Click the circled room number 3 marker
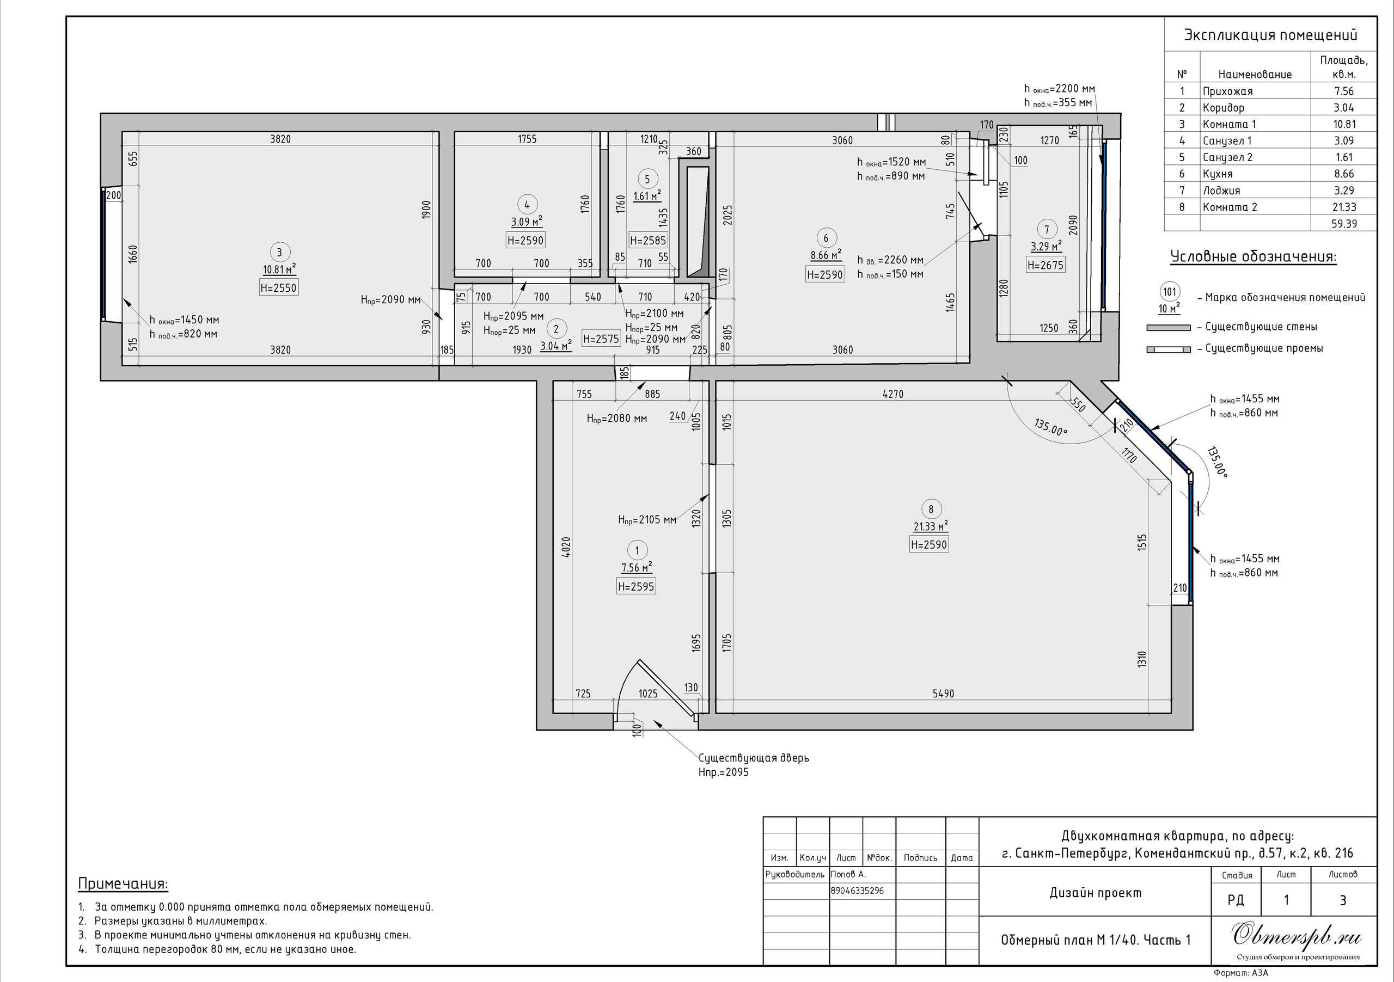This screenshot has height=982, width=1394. (x=279, y=253)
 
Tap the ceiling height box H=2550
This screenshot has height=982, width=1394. (x=279, y=287)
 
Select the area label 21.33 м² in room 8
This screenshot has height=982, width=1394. (x=931, y=526)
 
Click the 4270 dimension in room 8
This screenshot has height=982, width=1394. (x=892, y=394)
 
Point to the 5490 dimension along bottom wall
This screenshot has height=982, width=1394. (x=943, y=693)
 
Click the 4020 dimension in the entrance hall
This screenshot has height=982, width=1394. (x=566, y=548)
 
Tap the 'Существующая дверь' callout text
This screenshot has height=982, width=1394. (x=754, y=758)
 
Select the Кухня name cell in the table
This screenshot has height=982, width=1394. (x=1218, y=174)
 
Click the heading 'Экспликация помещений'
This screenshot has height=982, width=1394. (x=1271, y=35)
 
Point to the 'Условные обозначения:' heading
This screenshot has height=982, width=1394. (x=1254, y=257)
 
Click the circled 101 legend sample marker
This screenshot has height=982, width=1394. (x=1169, y=292)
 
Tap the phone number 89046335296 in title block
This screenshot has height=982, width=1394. (x=857, y=891)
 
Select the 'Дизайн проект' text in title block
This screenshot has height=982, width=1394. (x=1095, y=893)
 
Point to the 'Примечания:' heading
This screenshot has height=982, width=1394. (x=123, y=883)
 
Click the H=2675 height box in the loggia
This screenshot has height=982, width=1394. (x=1046, y=265)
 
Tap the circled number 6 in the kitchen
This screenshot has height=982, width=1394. (x=825, y=238)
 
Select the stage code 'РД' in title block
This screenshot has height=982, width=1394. (x=1236, y=900)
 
